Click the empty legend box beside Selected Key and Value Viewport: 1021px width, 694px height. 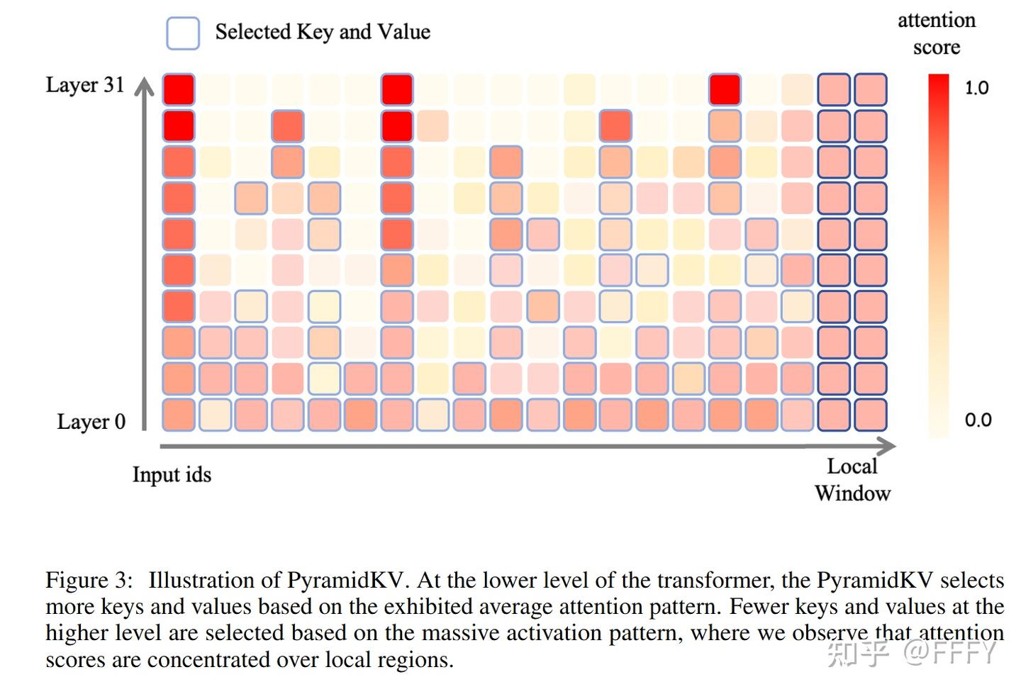[183, 33]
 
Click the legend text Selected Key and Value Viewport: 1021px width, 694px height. [323, 32]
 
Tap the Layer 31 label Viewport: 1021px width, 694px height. [85, 85]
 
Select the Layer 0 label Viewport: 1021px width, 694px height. [91, 422]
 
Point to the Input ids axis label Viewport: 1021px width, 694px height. [172, 474]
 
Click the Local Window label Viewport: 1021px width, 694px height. [852, 480]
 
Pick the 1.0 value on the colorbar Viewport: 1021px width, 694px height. [977, 87]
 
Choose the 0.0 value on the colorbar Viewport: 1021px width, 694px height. [978, 420]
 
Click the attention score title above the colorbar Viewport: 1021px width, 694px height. [937, 34]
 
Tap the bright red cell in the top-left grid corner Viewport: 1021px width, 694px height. [179, 89]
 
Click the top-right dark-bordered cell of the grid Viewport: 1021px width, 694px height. [871, 89]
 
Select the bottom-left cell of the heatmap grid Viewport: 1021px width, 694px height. [179, 415]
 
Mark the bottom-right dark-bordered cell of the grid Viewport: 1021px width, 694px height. [871, 415]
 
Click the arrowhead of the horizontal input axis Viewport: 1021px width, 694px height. [886, 446]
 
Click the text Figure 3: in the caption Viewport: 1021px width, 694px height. [89, 580]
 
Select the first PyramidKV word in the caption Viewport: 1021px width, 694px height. [345, 581]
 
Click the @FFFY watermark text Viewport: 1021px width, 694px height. [950, 653]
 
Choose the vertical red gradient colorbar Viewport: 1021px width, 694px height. [939, 256]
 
